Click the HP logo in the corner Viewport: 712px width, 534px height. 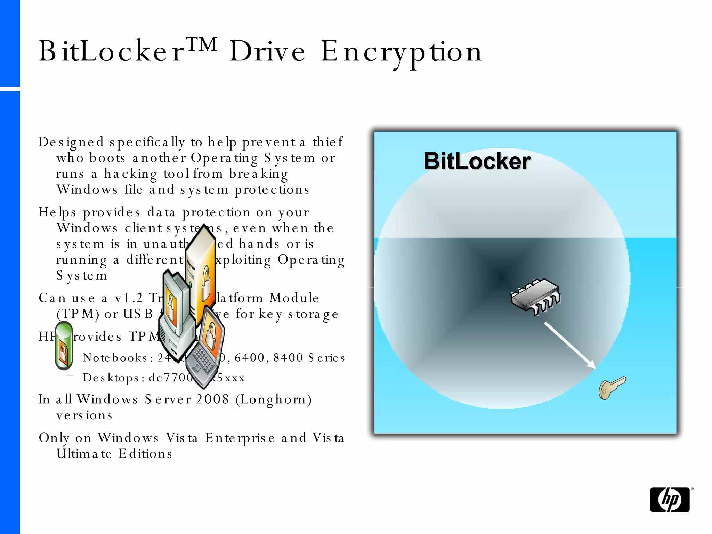670,500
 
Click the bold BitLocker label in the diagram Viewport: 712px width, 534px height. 477,161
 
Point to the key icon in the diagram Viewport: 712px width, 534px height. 612,388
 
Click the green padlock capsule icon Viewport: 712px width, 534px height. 64,345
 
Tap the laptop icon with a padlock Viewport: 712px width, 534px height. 206,346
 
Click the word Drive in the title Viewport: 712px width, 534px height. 267,52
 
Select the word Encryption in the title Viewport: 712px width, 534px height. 401,52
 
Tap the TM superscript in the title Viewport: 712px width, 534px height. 202,44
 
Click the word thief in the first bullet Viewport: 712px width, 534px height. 327,142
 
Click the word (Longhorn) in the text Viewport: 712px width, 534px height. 274,399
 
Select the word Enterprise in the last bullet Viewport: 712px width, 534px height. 240,438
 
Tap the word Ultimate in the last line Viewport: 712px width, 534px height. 84,454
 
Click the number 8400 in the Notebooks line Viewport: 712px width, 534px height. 288,357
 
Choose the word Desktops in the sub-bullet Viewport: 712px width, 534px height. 113,378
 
